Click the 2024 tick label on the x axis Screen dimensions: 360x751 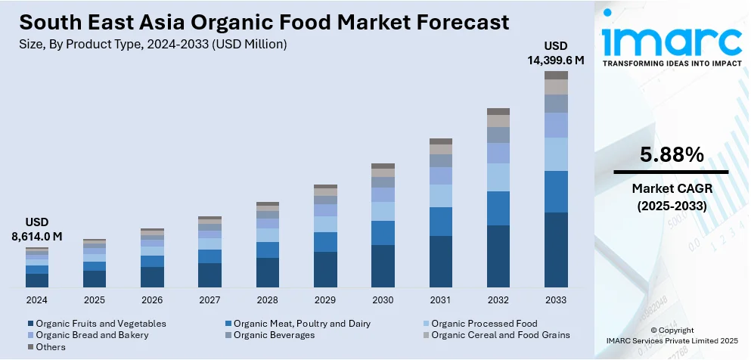tap(36, 300)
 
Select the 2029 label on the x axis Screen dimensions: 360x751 tap(325, 300)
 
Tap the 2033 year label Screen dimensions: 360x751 tap(556, 300)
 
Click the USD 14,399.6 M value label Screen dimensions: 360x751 tap(551, 53)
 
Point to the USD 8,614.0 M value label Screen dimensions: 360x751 tap(36, 229)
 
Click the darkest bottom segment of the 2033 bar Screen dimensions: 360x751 tap(556, 250)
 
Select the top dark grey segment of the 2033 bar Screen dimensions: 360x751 tap(556, 75)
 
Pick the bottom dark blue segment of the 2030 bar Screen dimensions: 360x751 tap(383, 265)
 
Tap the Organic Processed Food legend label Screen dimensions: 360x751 tap(484, 324)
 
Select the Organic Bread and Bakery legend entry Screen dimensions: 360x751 tap(92, 335)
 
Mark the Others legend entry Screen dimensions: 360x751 tap(50, 347)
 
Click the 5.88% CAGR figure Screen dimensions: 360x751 tap(672, 155)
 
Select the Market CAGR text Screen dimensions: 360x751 tap(672, 187)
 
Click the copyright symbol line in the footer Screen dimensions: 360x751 tap(671, 330)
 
